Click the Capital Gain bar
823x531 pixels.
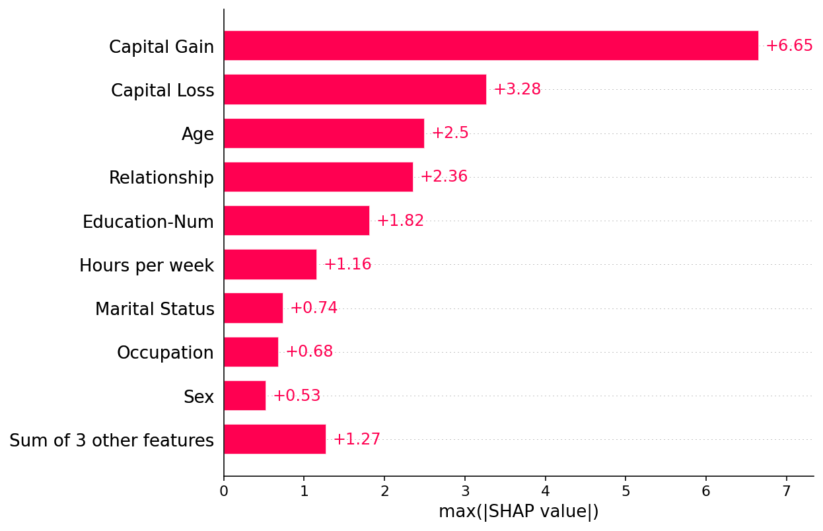coord(491,46)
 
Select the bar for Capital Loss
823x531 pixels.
coord(355,89)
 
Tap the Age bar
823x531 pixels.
coord(324,133)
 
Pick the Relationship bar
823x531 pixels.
coord(318,177)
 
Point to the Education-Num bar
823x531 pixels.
coord(297,221)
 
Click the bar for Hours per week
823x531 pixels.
coord(270,264)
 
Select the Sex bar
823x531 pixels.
coord(245,396)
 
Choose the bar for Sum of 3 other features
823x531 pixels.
coord(275,439)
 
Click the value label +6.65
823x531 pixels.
coord(789,46)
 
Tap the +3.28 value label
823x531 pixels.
coord(517,89)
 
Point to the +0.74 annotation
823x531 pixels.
coord(314,308)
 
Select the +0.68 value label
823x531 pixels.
coord(309,351)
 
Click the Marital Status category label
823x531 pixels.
coord(155,308)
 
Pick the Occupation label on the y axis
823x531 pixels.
coord(165,353)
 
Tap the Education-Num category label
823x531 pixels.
coord(148,222)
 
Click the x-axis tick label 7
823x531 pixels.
coord(786,491)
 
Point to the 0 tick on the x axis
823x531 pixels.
coord(224,491)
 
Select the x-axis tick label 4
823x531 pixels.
coord(545,491)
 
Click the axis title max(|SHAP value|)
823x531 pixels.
coord(519,512)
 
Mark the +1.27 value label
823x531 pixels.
coord(357,439)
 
